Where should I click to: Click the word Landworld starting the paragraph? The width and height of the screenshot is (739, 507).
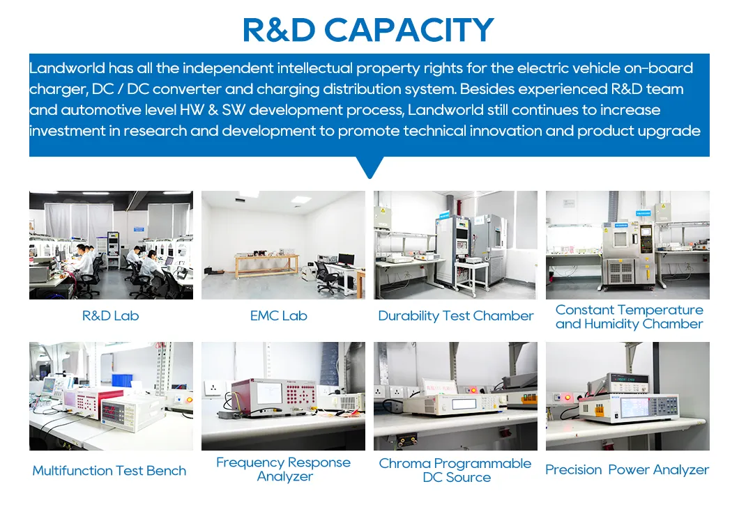click(x=67, y=68)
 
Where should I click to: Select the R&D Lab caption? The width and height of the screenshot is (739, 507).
click(x=110, y=315)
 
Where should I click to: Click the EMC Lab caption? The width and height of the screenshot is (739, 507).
click(x=279, y=315)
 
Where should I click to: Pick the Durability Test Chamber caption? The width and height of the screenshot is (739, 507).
click(x=455, y=315)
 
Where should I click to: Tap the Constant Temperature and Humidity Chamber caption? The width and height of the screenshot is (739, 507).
click(x=629, y=317)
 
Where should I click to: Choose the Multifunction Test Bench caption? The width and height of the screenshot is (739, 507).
click(x=109, y=471)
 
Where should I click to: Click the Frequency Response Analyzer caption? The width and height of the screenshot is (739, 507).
click(x=284, y=469)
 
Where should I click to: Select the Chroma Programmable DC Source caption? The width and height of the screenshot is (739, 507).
click(x=455, y=470)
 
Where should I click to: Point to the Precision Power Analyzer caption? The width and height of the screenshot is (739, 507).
click(x=627, y=470)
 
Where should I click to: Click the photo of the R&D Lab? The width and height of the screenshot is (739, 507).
click(x=111, y=245)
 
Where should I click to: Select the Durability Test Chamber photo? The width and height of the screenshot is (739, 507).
click(x=455, y=245)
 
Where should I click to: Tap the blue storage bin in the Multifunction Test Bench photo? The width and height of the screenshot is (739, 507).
click(x=122, y=380)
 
